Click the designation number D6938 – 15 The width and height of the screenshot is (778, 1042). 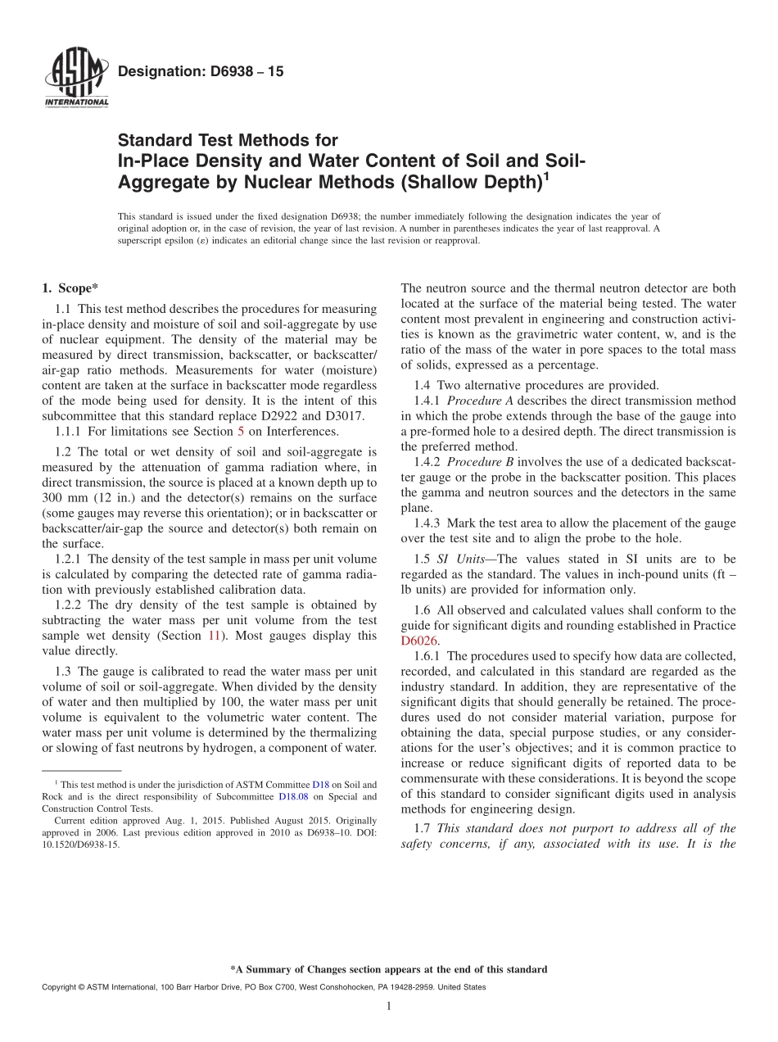pos(201,72)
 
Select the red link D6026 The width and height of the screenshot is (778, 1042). pos(419,641)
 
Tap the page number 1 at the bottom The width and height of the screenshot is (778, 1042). pos(389,1006)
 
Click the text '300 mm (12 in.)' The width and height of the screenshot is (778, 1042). pos(82,498)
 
